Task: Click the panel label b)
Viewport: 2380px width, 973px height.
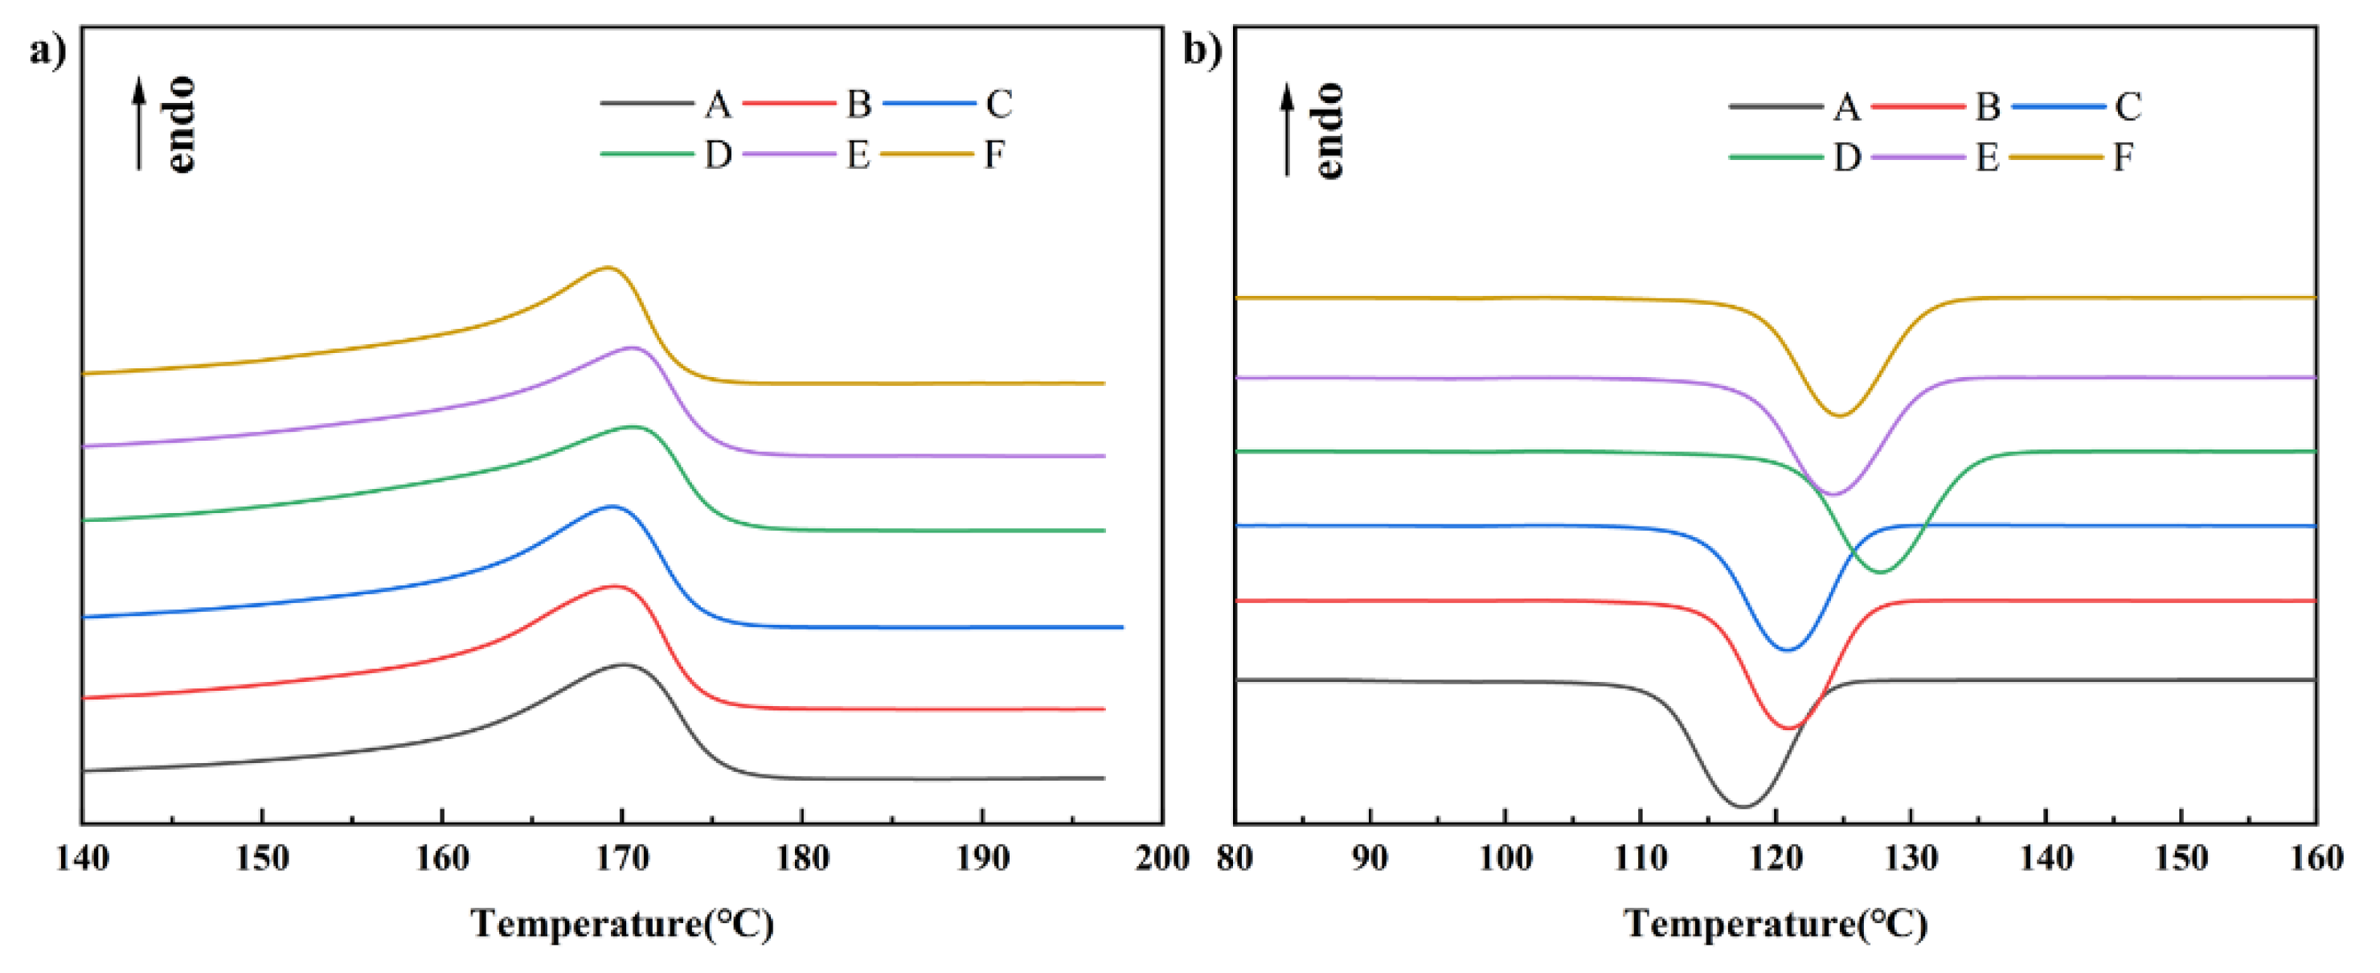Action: point(1202,51)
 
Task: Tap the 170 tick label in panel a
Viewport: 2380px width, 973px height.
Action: point(622,859)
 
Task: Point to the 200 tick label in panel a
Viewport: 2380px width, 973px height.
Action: point(1161,859)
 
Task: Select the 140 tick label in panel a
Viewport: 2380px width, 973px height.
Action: point(82,859)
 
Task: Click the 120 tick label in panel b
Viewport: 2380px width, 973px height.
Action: point(1775,859)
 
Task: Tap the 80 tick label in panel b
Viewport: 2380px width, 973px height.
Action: point(1235,859)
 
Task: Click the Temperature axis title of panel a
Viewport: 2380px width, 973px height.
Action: point(622,924)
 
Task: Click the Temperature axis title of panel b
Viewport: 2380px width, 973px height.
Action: point(1775,924)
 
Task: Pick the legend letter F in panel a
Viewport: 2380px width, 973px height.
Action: point(993,154)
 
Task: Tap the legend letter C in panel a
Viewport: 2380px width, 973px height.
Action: point(997,104)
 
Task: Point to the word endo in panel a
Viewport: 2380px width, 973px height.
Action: point(180,125)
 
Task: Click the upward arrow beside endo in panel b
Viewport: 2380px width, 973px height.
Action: point(1287,129)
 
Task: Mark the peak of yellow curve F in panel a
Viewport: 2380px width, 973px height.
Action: point(607,268)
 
